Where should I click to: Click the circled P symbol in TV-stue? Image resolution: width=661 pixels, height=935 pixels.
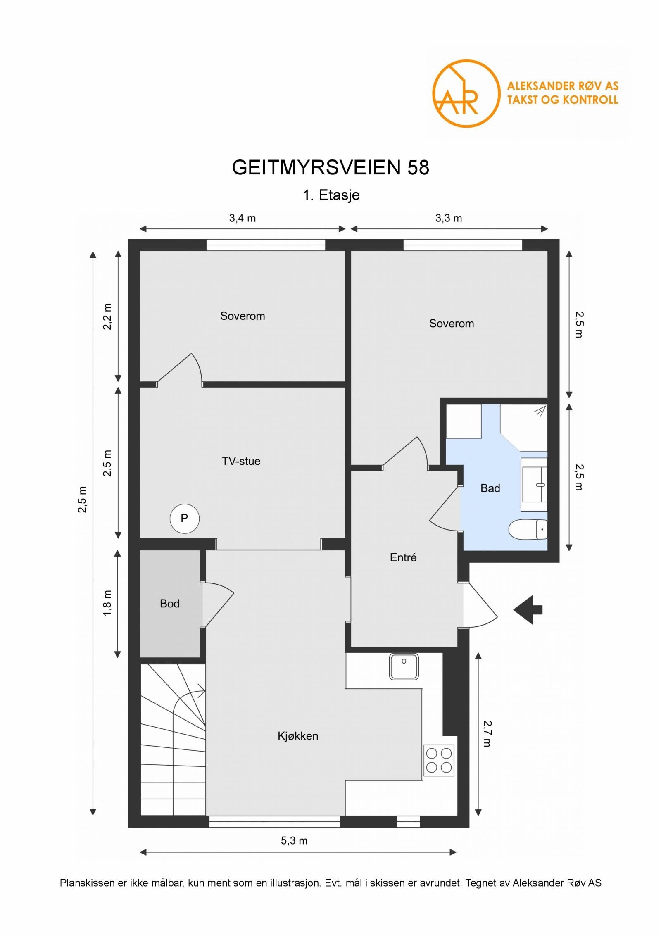184,519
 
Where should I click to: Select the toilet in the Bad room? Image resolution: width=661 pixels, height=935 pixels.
528,529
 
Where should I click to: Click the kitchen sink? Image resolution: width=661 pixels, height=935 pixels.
404,666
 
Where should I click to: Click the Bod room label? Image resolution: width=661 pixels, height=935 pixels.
169,604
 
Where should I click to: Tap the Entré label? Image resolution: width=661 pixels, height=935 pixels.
403,557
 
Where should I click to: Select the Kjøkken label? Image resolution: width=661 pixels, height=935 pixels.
298,736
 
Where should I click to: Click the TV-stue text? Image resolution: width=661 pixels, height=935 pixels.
241,461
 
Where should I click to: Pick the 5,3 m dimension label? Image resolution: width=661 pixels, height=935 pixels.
294,841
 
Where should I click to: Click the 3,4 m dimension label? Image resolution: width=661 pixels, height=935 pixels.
243,218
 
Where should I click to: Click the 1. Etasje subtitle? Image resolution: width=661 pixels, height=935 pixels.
331,195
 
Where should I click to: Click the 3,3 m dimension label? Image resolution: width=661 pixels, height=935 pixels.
449,218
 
